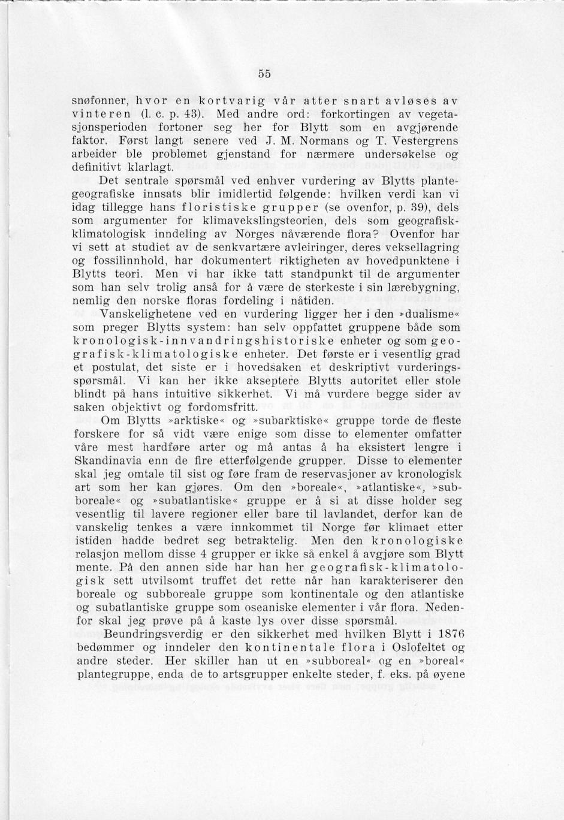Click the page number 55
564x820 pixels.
tap(265, 74)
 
